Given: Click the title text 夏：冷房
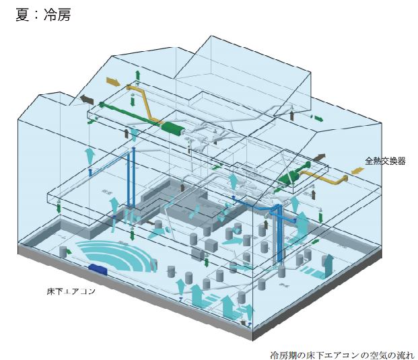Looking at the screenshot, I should pyautogui.click(x=42, y=15).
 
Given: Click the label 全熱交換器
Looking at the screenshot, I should pyautogui.click(x=385, y=161).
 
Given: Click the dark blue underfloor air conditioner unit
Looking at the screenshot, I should pyautogui.click(x=100, y=268).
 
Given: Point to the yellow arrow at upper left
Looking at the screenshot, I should pyautogui.click(x=115, y=82).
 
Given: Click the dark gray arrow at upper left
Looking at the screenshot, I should pyautogui.click(x=87, y=99).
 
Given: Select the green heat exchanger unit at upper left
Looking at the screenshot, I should pyautogui.click(x=174, y=129).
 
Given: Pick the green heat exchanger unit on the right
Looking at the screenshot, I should pyautogui.click(x=290, y=177).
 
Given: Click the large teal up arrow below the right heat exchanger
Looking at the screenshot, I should pyautogui.click(x=302, y=222).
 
